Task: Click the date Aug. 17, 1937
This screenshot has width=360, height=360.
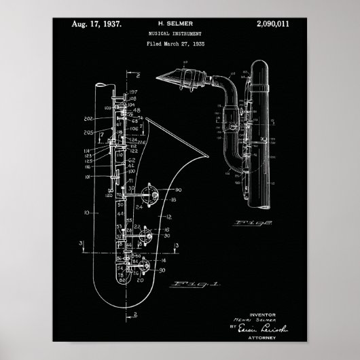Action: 96,24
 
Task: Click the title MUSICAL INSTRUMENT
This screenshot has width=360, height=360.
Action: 178,33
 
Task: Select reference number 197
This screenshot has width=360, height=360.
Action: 132,91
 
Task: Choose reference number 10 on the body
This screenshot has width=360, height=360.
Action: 86,213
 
